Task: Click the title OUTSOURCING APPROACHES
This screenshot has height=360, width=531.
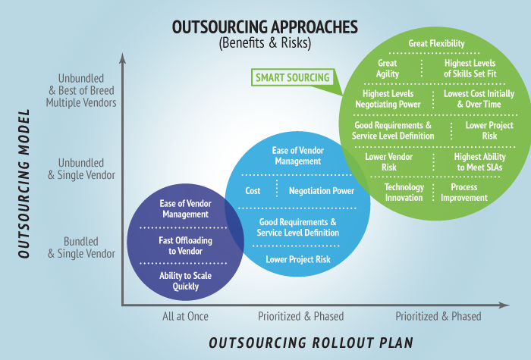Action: pyautogui.click(x=265, y=27)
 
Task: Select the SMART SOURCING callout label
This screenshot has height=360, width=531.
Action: pyautogui.click(x=292, y=77)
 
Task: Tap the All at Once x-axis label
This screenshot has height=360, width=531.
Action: pyautogui.click(x=184, y=316)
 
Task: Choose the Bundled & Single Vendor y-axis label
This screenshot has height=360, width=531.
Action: pyautogui.click(x=83, y=247)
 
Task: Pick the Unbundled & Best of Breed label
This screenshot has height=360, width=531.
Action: pyautogui.click(x=81, y=90)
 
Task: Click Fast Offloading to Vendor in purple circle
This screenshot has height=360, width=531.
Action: pyautogui.click(x=185, y=246)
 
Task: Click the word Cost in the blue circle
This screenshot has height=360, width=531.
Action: pyautogui.click(x=253, y=191)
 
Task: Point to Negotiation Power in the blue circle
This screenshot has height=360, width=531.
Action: pyautogui.click(x=321, y=191)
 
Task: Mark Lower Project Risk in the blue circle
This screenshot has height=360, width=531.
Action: pyautogui.click(x=297, y=259)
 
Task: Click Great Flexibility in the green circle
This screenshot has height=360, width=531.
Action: pyautogui.click(x=436, y=44)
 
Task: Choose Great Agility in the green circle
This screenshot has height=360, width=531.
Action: pyautogui.click(x=388, y=68)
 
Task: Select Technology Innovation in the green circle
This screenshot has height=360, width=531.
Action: pyautogui.click(x=404, y=192)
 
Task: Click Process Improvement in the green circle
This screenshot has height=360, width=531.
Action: pyautogui.click(x=463, y=192)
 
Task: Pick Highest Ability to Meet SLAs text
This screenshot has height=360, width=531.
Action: pyautogui.click(x=479, y=161)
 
